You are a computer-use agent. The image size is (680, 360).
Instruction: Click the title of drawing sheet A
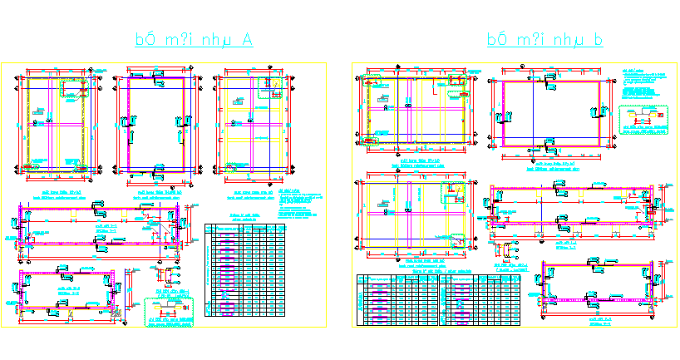click(x=195, y=40)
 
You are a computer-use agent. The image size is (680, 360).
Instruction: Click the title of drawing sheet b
click(x=544, y=40)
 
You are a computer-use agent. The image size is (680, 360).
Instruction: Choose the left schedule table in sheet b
click(x=396, y=299)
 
